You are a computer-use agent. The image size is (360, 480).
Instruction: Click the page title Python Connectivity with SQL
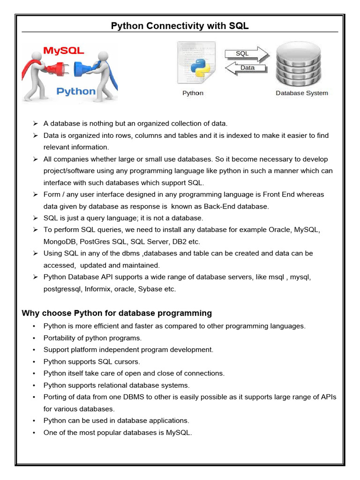tap(180, 26)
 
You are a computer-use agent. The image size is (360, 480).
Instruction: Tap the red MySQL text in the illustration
tap(63, 51)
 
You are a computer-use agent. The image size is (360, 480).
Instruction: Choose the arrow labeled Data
tap(247, 68)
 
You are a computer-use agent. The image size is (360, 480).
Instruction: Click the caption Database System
tap(302, 93)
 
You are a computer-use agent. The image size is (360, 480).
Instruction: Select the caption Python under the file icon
tap(193, 93)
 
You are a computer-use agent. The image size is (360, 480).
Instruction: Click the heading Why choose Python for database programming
tap(117, 313)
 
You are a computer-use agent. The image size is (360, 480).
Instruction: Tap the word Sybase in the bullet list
tap(149, 289)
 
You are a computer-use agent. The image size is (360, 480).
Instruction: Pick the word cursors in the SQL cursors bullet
tap(127, 361)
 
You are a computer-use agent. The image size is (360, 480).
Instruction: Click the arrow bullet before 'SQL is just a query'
tap(35, 218)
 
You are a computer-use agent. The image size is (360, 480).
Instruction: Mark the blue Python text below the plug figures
tap(76, 91)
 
